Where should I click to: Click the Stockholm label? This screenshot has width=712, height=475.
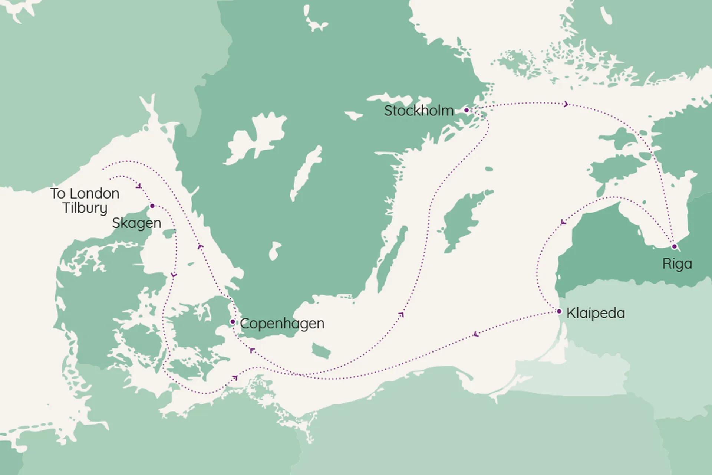419,111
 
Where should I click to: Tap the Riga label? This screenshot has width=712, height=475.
677,264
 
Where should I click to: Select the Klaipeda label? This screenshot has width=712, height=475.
596,313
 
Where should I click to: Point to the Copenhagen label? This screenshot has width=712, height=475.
282,324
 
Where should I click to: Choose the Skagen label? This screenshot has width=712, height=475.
136,223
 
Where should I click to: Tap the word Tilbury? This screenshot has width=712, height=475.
85,208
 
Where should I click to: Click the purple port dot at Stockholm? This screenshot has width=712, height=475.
467,110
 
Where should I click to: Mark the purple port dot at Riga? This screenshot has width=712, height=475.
674,246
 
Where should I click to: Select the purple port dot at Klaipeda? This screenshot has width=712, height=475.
559,311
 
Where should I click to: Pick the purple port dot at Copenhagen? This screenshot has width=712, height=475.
233,321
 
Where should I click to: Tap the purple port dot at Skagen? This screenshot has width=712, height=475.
152,206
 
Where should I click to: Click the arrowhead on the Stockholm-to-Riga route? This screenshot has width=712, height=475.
566,104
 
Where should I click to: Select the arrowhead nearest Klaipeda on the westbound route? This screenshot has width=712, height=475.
476,335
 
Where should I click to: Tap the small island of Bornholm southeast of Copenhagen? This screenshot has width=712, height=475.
321,350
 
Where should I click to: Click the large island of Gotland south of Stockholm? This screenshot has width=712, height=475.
464,219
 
